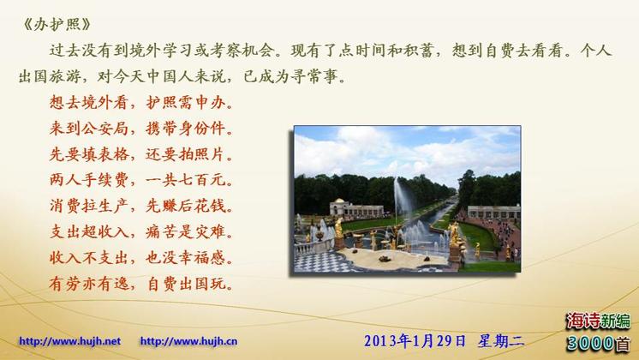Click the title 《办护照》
tap(57, 25)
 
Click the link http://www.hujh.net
tap(69, 341)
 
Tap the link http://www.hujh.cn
tap(188, 341)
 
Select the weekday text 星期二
tap(501, 341)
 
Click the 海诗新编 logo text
tap(598, 321)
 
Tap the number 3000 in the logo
tap(590, 343)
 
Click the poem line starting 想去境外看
tap(141, 102)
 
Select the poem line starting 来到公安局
tap(141, 128)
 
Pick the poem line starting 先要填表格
tap(141, 154)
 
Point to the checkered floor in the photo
tap(322, 261)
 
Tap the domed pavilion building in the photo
tap(338, 207)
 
